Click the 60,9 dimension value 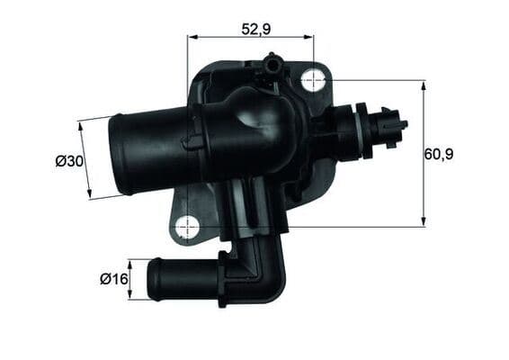(439, 154)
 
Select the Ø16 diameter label (112, 279)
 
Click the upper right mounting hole (313, 79)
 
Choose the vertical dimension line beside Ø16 (130, 279)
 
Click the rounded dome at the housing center (256, 117)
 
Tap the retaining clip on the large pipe (191, 141)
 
